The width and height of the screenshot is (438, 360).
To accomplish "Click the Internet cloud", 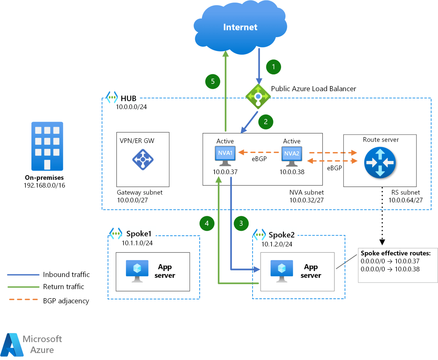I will pos(240,27).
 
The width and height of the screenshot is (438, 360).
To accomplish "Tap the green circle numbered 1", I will pos(274,67).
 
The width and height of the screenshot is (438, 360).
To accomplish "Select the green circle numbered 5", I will pos(212,81).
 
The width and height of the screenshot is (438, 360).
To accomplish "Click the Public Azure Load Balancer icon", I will pos(258,96).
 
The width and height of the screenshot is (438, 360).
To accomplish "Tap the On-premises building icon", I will pos(47,146).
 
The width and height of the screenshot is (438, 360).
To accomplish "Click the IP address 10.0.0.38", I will pos(292,171).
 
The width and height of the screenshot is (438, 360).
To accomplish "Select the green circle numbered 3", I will pos(241,223).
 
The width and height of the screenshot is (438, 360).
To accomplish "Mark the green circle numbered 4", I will pos(207,223).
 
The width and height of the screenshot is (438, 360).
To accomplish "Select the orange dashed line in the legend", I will pos(23,300).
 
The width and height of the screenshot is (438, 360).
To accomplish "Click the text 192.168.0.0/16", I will pos(45,185).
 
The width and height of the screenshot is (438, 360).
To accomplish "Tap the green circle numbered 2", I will pos(266,122).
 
